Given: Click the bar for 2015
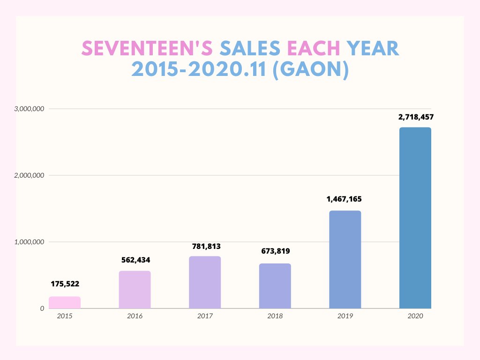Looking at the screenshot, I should (x=64, y=302).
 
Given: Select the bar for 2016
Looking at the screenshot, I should (x=135, y=290).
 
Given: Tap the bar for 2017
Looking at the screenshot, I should (x=205, y=282).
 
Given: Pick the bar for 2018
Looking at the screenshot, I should (x=275, y=286).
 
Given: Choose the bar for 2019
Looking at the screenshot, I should (x=345, y=260).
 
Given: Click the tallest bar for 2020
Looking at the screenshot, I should (x=415, y=218).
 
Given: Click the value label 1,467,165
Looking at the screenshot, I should (x=345, y=199).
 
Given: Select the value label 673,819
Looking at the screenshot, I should (x=275, y=251).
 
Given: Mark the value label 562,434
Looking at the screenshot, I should (x=135, y=260).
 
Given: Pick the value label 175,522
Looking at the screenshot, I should (x=65, y=284).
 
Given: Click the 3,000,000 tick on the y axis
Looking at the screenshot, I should (x=29, y=109).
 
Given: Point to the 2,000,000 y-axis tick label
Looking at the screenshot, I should (x=29, y=175).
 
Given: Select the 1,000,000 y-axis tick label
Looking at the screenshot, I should (x=29, y=242).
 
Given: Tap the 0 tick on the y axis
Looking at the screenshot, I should (x=42, y=308).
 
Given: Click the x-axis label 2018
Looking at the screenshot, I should (x=275, y=316).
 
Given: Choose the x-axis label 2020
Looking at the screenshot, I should (x=415, y=316).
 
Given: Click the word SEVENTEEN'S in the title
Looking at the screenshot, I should (x=148, y=48).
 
